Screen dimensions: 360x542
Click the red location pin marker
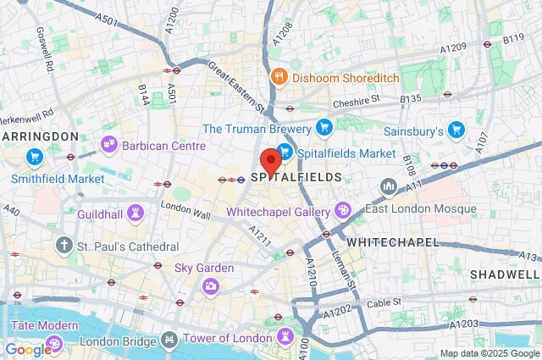pos(271,161)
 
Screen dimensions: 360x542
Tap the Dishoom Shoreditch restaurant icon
pos(278,76)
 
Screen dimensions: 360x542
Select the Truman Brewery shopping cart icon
pos(323,128)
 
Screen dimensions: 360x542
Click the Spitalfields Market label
pos(346,153)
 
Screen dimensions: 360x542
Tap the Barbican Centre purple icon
pos(108,145)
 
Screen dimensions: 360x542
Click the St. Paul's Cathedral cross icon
pos(64,246)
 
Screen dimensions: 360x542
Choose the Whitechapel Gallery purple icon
pos(343,209)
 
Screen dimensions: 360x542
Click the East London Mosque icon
pos(389,185)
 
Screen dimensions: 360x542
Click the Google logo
pos(27,349)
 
